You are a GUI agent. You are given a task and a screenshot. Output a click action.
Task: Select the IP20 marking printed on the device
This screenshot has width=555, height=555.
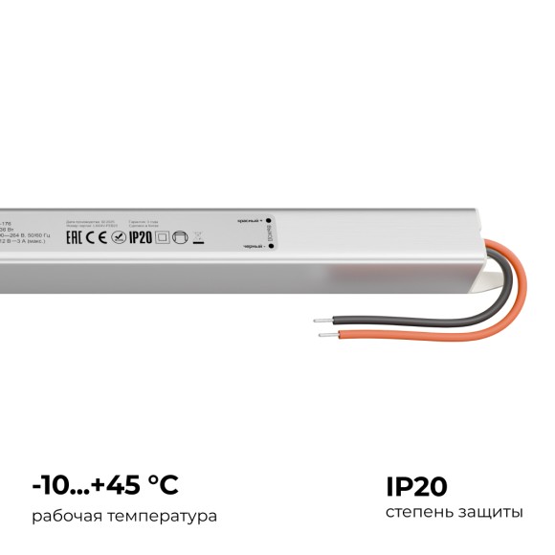141,239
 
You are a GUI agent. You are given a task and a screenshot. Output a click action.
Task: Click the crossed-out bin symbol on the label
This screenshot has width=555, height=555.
198,238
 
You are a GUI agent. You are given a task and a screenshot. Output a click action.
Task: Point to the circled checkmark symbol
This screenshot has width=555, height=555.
117,239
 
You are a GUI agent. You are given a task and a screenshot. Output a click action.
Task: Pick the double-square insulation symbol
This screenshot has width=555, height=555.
162,239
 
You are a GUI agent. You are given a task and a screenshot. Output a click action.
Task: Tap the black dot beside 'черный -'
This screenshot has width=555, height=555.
271,246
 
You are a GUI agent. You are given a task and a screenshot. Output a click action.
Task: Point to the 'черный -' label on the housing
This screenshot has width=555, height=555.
253,246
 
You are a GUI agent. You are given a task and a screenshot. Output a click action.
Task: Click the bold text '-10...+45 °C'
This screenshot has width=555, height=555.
104,485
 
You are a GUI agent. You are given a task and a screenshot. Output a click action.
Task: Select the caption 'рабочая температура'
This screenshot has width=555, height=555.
123,516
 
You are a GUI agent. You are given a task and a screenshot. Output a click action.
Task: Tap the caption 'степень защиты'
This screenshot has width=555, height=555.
454,514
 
